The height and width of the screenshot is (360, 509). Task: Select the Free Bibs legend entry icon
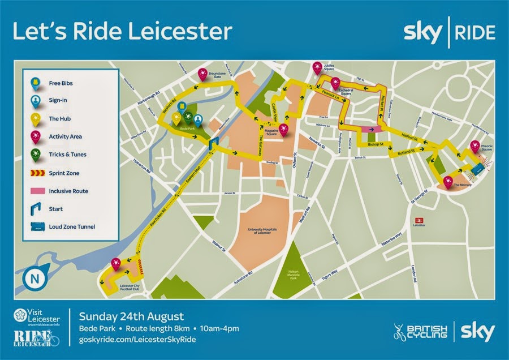coord(36,83)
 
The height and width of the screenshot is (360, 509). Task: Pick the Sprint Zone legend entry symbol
coord(36,173)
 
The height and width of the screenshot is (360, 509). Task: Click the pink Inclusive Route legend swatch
coord(36,191)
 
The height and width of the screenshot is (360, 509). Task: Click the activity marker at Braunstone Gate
coord(202,74)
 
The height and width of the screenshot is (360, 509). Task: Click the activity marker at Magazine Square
coord(283,129)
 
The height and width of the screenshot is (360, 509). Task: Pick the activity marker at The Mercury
coord(448,182)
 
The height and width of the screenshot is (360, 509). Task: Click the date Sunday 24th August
coord(131,316)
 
